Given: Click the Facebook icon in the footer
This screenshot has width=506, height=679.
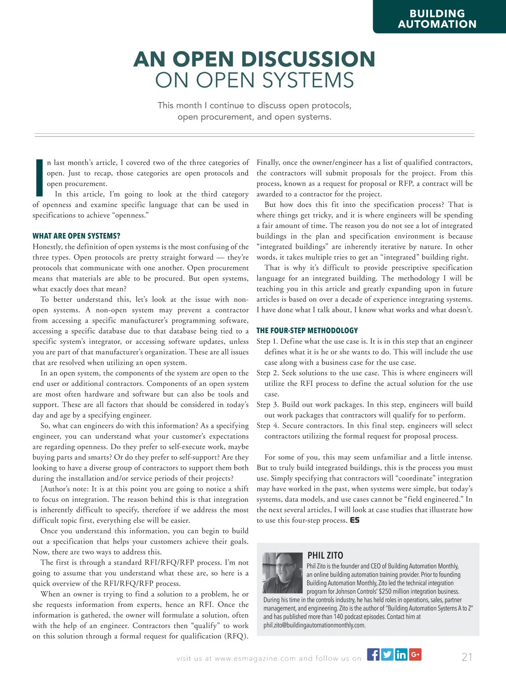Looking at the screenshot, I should tap(373, 655).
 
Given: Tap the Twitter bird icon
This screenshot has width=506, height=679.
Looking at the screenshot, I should tap(387, 655).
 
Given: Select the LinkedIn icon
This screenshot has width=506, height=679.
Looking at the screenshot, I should tap(401, 655).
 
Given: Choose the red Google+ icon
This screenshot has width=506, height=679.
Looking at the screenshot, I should tap(415, 655).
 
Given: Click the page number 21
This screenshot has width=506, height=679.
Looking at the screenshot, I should tap(467, 657).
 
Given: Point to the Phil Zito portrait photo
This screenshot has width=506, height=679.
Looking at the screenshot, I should tap(283, 573).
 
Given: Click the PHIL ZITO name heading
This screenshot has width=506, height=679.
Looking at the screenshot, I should tap(325, 555).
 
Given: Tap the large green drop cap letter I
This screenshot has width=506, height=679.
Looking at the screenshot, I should tap(39, 178).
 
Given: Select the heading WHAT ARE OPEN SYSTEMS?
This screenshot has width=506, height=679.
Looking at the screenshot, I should tap(76, 236).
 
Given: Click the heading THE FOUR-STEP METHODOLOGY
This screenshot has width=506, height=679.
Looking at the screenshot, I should tap(307, 331).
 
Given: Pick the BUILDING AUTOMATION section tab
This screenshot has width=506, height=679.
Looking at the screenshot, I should tap(437, 19).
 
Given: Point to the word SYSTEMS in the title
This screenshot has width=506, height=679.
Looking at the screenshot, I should tap(309, 80).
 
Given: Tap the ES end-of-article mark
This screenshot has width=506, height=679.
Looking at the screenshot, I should tap(355, 520).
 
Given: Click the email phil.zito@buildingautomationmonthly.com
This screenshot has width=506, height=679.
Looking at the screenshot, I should tap(315, 625).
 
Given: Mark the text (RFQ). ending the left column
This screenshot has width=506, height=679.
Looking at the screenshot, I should tap(236, 636).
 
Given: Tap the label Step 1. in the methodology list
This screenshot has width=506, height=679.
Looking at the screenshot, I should tap(267, 342).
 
